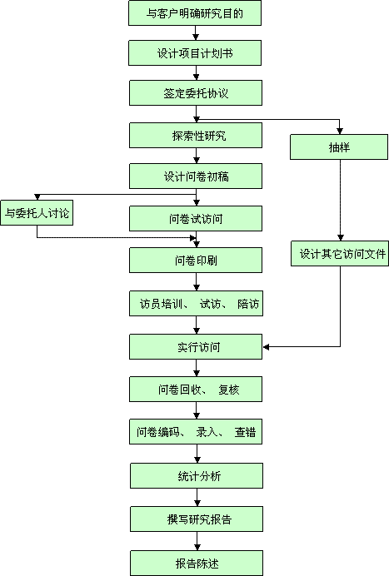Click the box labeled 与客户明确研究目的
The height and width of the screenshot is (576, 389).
195,13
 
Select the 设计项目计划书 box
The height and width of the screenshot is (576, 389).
195,53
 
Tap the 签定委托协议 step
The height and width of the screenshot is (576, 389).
196,93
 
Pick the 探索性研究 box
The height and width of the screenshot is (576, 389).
196,136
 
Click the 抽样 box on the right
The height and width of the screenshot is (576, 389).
339,147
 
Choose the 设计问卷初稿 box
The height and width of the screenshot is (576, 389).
196,176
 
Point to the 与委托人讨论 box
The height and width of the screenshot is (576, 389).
37,213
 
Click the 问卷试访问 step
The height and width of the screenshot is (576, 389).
196,219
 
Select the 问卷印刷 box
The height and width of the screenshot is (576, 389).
196,260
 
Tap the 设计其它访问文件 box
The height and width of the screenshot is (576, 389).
340,254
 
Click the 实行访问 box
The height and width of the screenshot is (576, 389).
196,347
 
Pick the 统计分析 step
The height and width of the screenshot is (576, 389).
197,476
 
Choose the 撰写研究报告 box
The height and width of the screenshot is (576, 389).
197,519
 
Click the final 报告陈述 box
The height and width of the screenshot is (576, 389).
197,563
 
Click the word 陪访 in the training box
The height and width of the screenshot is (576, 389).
248,304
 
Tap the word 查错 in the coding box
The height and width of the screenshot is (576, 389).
245,432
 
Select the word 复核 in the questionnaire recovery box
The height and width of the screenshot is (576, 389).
229,390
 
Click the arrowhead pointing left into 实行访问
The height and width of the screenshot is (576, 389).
266,347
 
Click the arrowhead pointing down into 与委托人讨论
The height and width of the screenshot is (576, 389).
37,197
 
